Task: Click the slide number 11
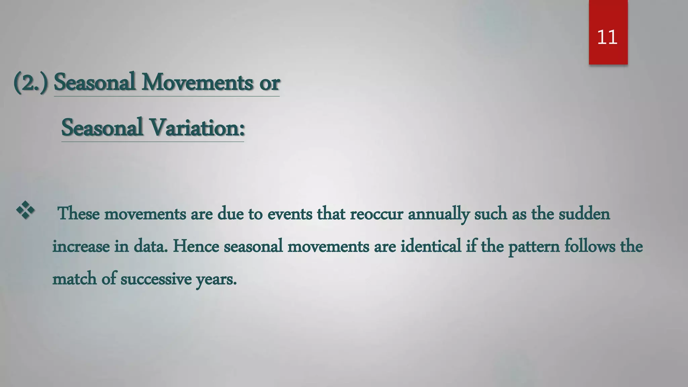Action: click(x=607, y=37)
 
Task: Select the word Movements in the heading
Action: click(x=197, y=82)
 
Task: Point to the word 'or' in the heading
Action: click(x=269, y=83)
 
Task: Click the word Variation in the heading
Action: click(x=195, y=128)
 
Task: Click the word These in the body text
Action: click(x=79, y=214)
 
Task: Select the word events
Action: click(x=290, y=214)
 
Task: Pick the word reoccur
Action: click(x=376, y=214)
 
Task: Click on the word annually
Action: click(x=438, y=214)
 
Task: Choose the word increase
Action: click(x=81, y=246)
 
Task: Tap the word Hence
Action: click(x=196, y=246)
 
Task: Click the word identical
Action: click(x=430, y=246)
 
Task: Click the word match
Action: click(x=75, y=279)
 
